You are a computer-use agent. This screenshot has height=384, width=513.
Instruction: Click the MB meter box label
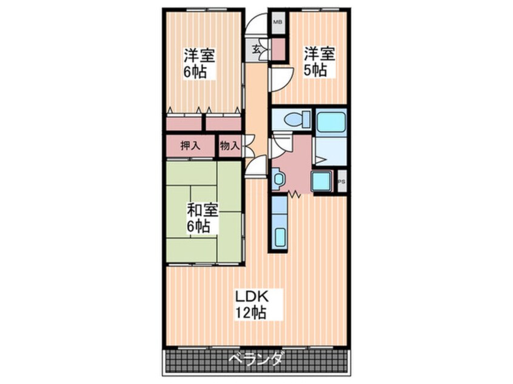click(x=278, y=22)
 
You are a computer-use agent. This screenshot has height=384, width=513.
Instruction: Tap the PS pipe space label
click(x=341, y=182)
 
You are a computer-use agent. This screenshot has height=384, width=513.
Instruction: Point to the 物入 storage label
click(x=230, y=145)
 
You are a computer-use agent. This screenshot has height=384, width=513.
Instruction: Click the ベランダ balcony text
click(x=255, y=360)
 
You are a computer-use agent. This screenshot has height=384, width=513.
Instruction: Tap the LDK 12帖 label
click(x=252, y=304)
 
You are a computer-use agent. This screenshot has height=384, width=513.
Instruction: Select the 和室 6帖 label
click(x=202, y=218)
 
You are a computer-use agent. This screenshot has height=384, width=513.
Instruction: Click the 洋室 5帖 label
click(x=320, y=62)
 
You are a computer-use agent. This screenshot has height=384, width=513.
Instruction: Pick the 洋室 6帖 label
click(x=199, y=64)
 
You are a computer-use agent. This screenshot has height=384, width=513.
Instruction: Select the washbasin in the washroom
click(x=278, y=179)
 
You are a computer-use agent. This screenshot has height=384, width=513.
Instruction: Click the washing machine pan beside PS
click(x=322, y=181)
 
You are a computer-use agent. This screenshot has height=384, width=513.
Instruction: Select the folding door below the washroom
click(x=295, y=194)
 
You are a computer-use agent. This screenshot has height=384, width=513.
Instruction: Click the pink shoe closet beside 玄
click(x=278, y=49)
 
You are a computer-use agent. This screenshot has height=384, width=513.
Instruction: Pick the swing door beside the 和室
click(x=256, y=166)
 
